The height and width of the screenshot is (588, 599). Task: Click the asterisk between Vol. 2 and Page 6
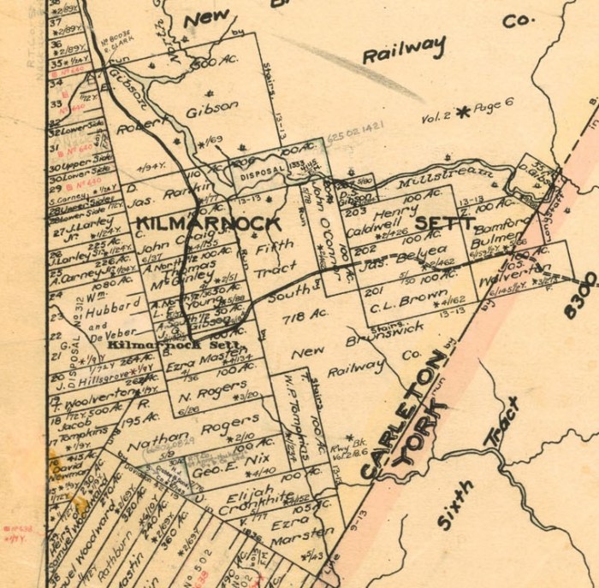tap(464, 111)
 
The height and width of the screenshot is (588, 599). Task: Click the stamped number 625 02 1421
tap(352, 125)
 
